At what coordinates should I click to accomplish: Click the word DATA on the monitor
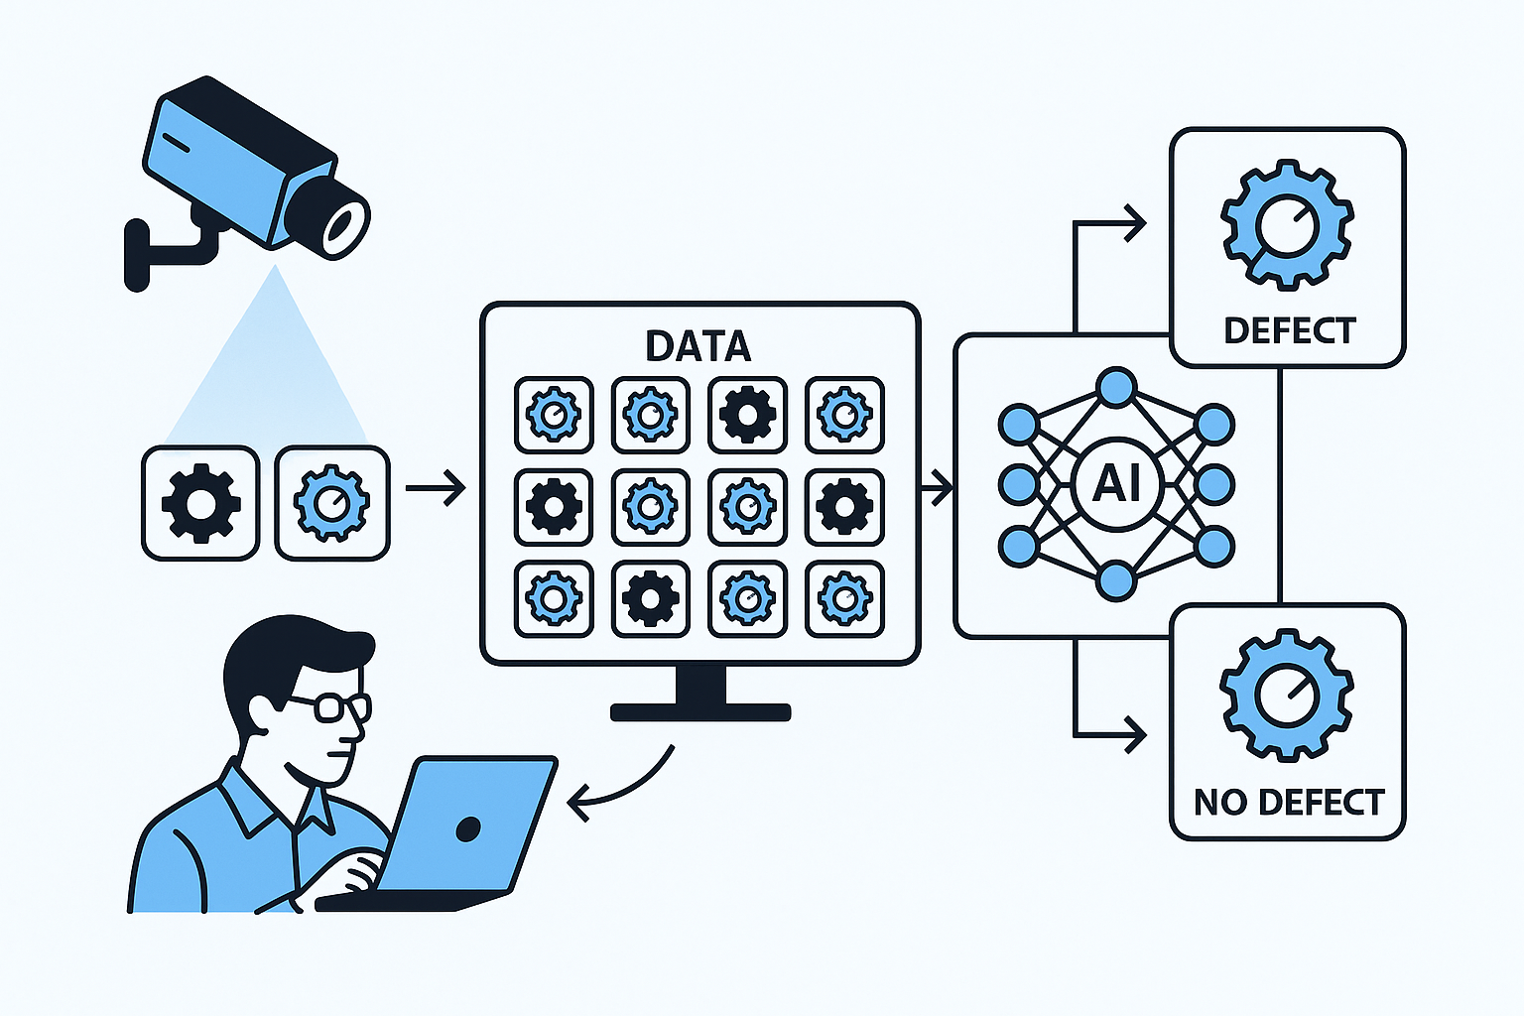click(698, 346)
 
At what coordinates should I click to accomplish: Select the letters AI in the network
click(1116, 484)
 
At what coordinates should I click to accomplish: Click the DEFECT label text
click(1289, 330)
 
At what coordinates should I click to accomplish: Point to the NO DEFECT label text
click(1289, 802)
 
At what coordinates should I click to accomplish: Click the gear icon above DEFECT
click(1287, 224)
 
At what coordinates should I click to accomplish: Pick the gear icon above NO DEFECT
click(1287, 695)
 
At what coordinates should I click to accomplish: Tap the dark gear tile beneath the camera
click(200, 503)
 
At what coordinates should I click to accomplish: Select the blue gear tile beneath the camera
click(331, 503)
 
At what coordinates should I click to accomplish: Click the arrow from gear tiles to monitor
click(436, 488)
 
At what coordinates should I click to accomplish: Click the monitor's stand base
click(700, 711)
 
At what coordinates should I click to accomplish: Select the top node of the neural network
click(1116, 388)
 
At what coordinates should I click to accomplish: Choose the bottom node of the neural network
click(1116, 581)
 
